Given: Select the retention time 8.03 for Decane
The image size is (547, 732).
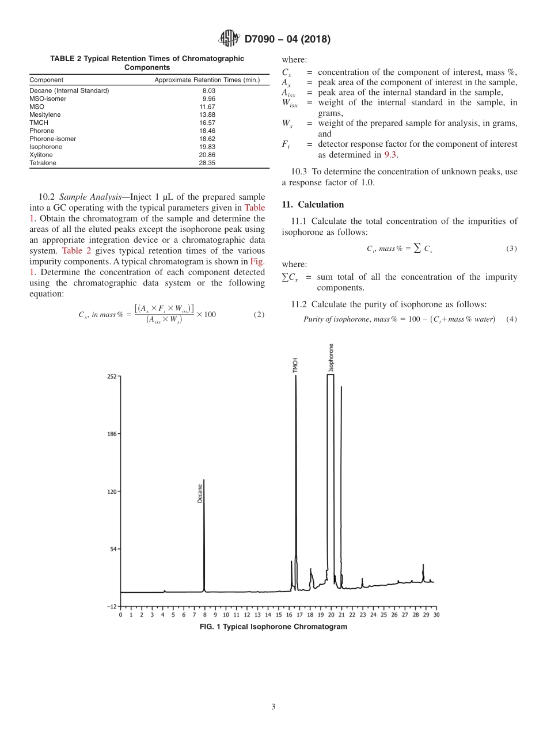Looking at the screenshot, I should pyautogui.click(x=208, y=91).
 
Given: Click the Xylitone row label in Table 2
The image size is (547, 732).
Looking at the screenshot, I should pyautogui.click(x=41, y=155).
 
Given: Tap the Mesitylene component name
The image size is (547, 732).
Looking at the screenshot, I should pyautogui.click(x=45, y=115).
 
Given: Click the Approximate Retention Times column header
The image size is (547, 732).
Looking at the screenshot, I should pyautogui.click(x=207, y=79).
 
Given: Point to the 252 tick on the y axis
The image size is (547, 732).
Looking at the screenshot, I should pyautogui.click(x=111, y=376).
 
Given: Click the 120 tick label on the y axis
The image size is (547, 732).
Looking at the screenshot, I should pyautogui.click(x=111, y=491).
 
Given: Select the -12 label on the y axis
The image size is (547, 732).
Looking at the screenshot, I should pyautogui.click(x=111, y=606).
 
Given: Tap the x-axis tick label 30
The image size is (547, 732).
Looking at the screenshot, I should pyautogui.click(x=436, y=615).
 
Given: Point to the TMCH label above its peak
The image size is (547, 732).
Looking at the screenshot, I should pyautogui.click(x=295, y=365).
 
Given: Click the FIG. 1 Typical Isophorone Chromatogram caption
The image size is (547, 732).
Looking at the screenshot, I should pyautogui.click(x=273, y=627).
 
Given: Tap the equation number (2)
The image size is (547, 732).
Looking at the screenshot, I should pyautogui.click(x=259, y=314).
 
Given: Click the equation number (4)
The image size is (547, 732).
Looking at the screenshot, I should pyautogui.click(x=511, y=319).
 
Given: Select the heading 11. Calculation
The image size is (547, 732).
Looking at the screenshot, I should pyautogui.click(x=313, y=205).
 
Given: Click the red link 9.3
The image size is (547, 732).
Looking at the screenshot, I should pyautogui.click(x=391, y=154).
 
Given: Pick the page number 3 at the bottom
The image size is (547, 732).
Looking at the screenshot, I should pyautogui.click(x=273, y=707).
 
